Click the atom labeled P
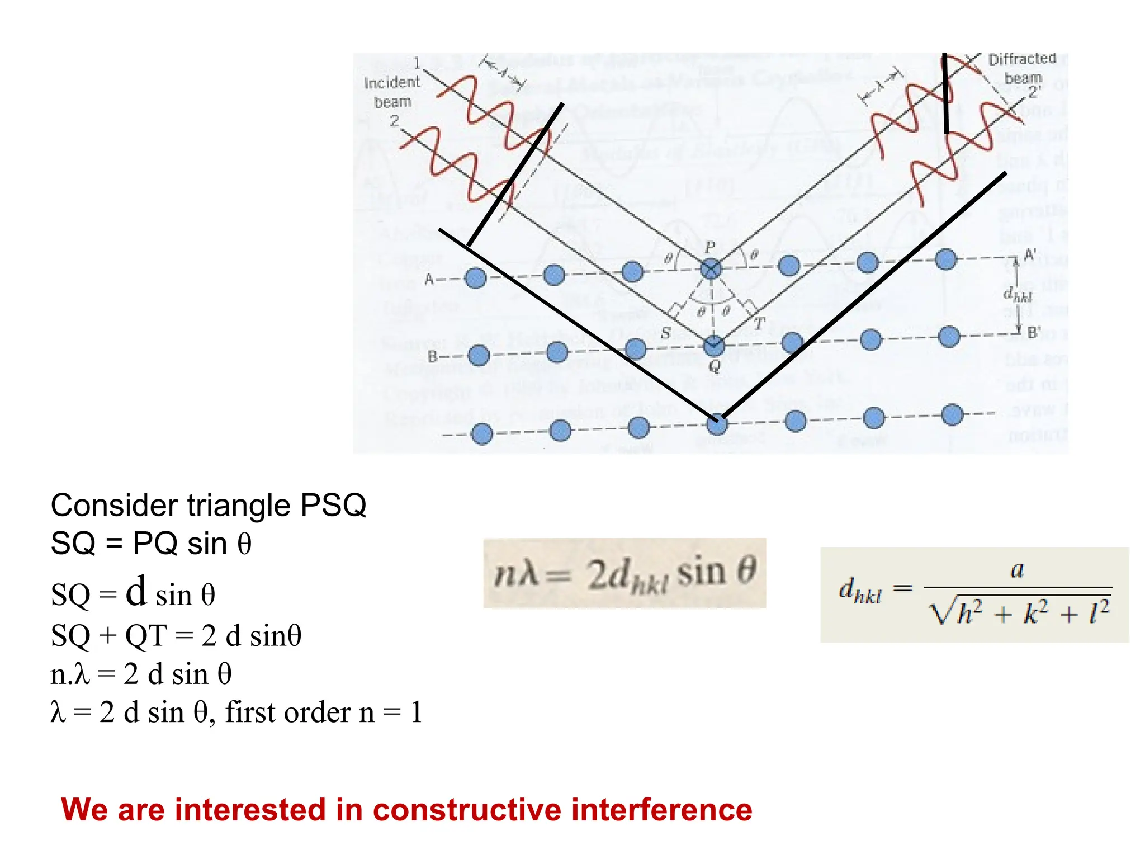point(711,269)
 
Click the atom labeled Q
point(714,346)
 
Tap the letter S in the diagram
point(665,334)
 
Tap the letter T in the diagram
point(759,324)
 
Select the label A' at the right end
point(1030,256)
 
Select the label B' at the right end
point(1033,333)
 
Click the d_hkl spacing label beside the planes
point(1017,295)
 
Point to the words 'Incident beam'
point(392,92)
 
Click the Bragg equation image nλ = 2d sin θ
point(624,574)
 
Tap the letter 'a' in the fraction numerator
point(1017,570)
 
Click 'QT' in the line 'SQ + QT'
point(145,636)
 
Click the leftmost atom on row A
point(476,278)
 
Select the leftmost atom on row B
point(479,356)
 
